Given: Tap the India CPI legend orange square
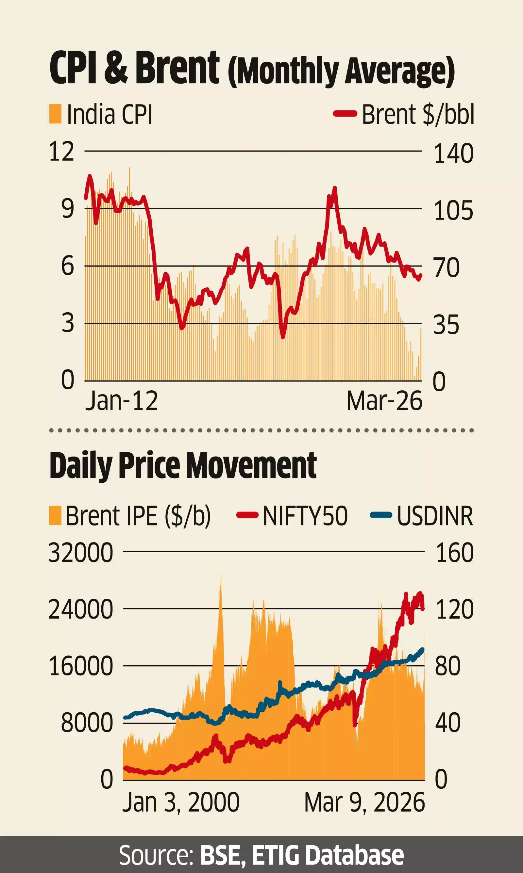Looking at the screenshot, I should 55,114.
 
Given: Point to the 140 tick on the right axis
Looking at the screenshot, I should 453,154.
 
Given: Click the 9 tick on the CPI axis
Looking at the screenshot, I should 68,208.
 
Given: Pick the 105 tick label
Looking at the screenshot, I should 453,211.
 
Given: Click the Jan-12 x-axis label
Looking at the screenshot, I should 121,401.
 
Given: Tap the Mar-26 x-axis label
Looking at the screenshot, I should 384,401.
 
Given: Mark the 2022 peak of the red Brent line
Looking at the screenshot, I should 334,189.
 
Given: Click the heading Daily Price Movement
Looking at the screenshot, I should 183,466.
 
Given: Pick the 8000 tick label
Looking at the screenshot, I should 87,723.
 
